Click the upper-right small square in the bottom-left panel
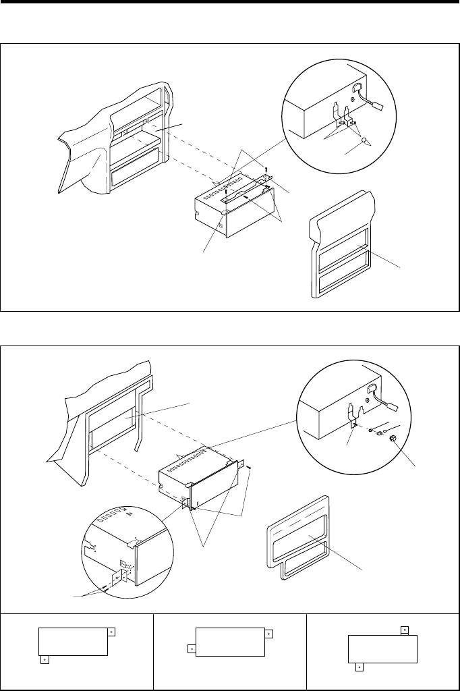111,632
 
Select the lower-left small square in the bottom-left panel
44,659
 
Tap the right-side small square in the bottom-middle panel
268,634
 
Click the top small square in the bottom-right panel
404,630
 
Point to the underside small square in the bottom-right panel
360,667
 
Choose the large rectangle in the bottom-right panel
382,648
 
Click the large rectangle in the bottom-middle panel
229,640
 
